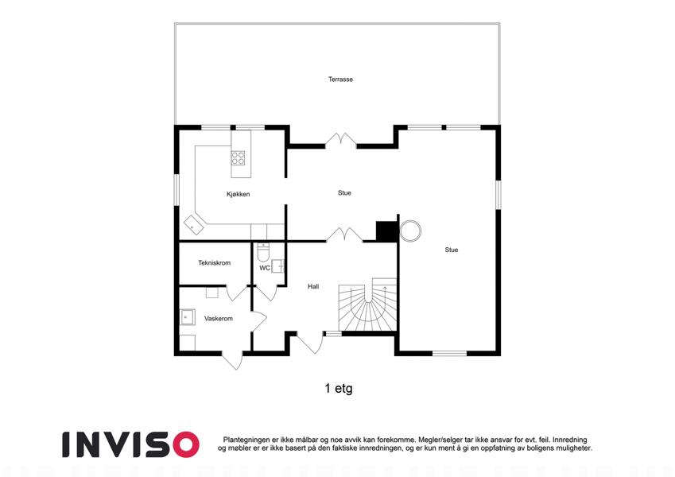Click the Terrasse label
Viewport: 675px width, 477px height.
pos(340,79)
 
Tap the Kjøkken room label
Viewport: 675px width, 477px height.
pos(238,194)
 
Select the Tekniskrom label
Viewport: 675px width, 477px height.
pos(215,262)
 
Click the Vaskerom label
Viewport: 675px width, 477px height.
pos(219,319)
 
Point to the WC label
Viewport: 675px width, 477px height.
pos(265,268)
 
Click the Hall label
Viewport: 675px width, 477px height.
pos(313,286)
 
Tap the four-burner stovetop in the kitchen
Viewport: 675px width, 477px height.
pos(238,157)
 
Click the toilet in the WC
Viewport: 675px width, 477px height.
pos(263,253)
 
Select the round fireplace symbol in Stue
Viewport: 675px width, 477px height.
pos(410,231)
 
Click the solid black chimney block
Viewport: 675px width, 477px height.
pos(386,231)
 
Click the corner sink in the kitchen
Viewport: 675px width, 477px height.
pos(194,225)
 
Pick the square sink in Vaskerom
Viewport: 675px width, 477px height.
pos(187,317)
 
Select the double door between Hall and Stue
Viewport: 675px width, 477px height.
pos(344,235)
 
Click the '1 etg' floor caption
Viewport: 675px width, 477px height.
pos(339,389)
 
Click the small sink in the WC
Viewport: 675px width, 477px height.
pos(278,266)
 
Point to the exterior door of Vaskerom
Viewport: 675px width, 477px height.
pos(232,360)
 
